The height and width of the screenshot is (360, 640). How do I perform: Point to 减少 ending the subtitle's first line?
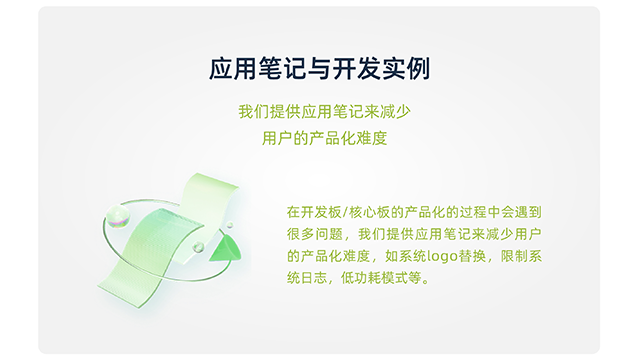coord(387,112)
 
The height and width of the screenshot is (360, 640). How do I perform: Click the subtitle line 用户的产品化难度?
coord(320,138)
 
